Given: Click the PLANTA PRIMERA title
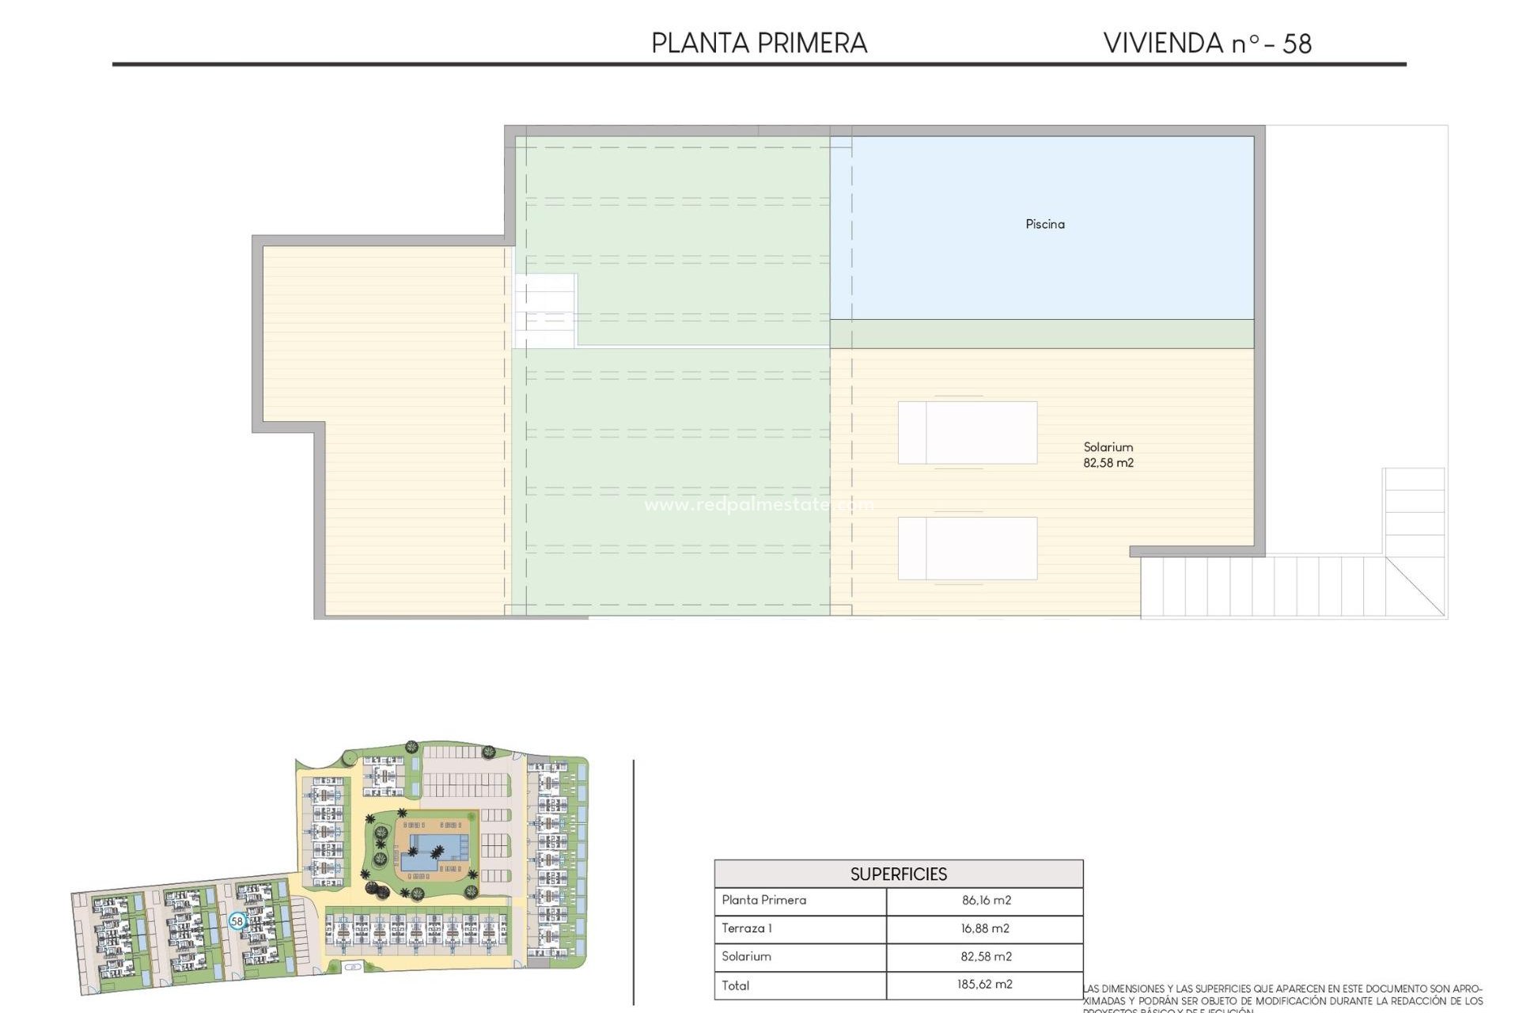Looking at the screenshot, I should point(759,44).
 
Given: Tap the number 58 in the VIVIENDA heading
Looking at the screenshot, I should point(1297,44).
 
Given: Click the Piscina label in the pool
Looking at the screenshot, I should point(1044,224).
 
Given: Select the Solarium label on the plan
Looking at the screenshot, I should point(1108,447).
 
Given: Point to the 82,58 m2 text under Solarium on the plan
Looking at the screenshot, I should point(1108,463).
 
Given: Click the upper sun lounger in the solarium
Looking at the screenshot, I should point(967,432).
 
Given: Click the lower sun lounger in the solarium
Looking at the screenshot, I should point(967,548).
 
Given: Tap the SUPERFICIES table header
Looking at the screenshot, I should point(898,874).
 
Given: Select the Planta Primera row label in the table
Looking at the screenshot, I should point(763,900).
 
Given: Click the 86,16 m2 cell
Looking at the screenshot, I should point(986,900).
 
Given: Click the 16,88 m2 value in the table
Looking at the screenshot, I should point(985,928).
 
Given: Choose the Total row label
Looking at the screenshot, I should point(735,985).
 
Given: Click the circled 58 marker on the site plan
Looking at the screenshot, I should point(237,921).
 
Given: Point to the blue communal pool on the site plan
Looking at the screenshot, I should point(431,852).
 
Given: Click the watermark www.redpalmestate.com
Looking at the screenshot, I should point(758,504).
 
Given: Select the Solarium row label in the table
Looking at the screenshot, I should point(745,956).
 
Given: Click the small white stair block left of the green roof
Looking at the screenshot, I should point(545,310).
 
